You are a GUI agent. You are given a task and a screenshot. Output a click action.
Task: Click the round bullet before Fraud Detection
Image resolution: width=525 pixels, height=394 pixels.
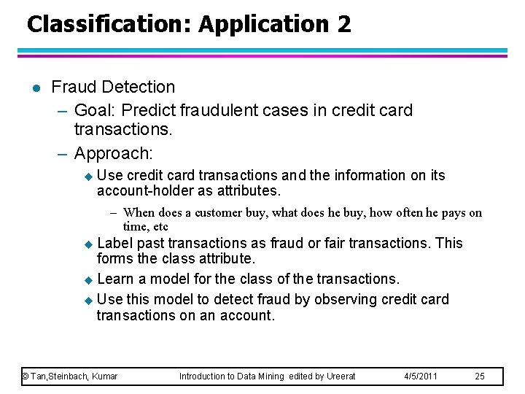click(35, 88)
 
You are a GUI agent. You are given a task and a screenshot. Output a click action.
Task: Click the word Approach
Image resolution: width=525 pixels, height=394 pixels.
click(112, 154)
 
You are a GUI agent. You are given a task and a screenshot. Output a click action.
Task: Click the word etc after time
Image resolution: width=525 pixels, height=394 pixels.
click(160, 227)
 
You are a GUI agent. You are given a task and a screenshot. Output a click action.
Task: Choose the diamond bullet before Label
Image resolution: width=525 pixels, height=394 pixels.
click(89, 244)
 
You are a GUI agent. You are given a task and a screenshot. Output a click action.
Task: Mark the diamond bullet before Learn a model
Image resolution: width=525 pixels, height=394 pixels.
click(89, 279)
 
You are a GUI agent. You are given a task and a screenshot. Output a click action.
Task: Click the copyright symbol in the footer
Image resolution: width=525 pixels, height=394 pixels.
click(25, 376)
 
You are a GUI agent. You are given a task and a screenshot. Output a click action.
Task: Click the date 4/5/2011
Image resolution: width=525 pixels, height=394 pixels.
click(421, 376)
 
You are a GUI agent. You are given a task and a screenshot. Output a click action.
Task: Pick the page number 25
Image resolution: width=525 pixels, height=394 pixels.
click(480, 376)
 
